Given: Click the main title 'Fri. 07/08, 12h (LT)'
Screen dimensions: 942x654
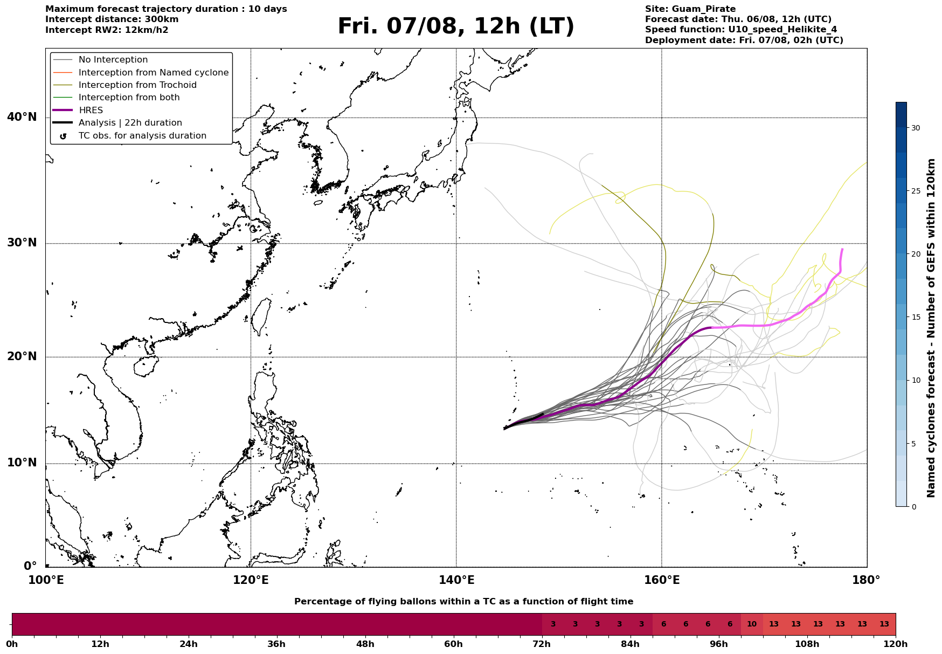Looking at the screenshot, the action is click(x=456, y=26).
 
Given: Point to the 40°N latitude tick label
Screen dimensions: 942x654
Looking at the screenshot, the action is click(x=22, y=117).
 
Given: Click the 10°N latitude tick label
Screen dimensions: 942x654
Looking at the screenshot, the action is click(x=22, y=463).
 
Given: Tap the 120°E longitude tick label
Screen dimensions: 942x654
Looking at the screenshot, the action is click(x=251, y=580).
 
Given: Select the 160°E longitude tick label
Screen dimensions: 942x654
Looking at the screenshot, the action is click(x=662, y=580).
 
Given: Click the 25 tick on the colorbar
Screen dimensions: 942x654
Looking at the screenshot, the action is click(x=916, y=191).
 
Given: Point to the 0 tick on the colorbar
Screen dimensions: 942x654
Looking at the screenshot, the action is click(x=913, y=507).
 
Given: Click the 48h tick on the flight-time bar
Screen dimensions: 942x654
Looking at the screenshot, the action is click(x=365, y=644).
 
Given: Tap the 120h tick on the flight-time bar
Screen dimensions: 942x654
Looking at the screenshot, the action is click(x=896, y=644).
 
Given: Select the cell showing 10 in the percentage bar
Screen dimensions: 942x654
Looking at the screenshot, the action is click(x=752, y=624).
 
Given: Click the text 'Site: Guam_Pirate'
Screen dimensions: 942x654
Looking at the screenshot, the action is click(x=690, y=9).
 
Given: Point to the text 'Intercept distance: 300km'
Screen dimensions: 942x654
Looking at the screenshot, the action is click(x=112, y=19).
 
